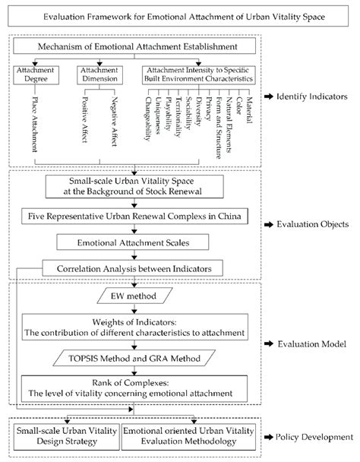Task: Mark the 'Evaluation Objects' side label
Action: (x=311, y=226)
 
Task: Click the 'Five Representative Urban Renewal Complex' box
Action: (x=134, y=217)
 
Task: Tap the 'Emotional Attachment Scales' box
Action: (x=134, y=244)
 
